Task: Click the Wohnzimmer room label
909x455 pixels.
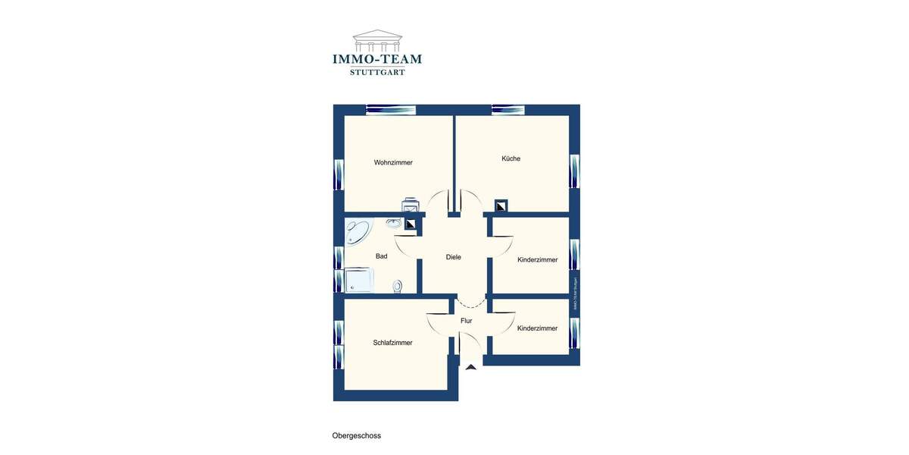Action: click(x=393, y=162)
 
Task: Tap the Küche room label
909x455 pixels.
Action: click(x=511, y=158)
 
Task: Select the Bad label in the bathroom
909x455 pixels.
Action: click(x=381, y=256)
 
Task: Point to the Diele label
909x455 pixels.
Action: click(x=453, y=257)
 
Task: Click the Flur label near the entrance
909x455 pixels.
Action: click(x=466, y=321)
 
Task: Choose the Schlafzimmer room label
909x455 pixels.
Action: click(x=392, y=343)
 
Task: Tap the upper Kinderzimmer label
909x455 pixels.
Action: click(x=537, y=259)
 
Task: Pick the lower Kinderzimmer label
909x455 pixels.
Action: click(x=537, y=328)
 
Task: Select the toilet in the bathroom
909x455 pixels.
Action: click(x=398, y=286)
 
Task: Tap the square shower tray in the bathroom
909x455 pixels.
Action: click(x=359, y=280)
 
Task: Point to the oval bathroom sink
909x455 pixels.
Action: click(x=394, y=223)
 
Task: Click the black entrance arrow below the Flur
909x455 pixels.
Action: click(x=471, y=367)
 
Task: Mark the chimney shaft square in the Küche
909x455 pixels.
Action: click(x=501, y=206)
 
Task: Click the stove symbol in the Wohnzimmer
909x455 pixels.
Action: click(x=411, y=206)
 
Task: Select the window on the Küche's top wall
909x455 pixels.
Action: click(x=508, y=110)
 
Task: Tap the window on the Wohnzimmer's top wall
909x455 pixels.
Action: click(x=391, y=110)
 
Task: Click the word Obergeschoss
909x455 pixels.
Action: click(x=357, y=436)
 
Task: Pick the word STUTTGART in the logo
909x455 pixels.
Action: click(x=377, y=72)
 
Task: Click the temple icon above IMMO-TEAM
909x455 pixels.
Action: click(x=377, y=40)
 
